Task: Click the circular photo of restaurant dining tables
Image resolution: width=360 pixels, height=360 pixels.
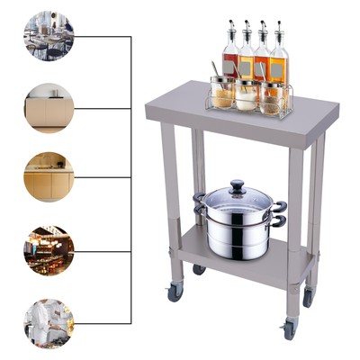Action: point(49,36)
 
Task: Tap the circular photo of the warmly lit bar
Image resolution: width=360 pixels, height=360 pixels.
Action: point(49,249)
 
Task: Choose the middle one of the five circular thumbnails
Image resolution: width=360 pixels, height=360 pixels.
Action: point(49,176)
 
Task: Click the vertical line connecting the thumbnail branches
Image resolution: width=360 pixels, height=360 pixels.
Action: point(131,180)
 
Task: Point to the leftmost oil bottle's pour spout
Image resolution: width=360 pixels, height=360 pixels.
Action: point(229,24)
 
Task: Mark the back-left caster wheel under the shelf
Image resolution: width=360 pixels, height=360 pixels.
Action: point(199,269)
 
